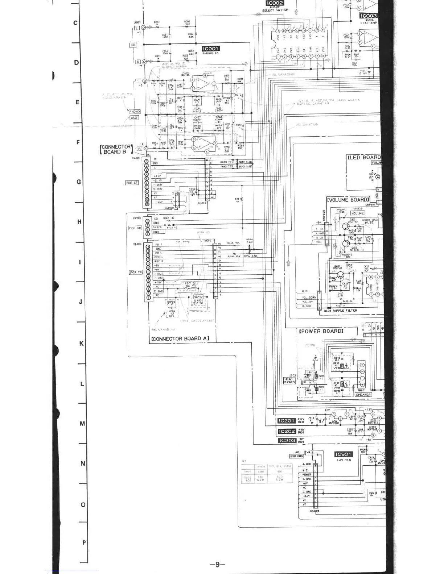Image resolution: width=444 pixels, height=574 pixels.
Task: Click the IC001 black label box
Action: pyautogui.click(x=211, y=49)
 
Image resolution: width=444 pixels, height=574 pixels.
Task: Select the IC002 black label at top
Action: pyautogui.click(x=275, y=3)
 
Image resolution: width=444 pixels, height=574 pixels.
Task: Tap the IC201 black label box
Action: pyautogui.click(x=287, y=421)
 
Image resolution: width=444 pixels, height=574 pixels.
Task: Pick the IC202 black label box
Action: pyautogui.click(x=287, y=431)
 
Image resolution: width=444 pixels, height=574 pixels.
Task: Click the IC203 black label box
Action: pyautogui.click(x=287, y=441)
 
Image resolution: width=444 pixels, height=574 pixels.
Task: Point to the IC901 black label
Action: pyautogui.click(x=343, y=454)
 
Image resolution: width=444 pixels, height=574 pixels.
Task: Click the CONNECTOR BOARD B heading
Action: pyautogui.click(x=116, y=149)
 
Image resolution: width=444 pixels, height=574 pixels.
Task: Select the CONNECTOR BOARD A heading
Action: pyautogui.click(x=180, y=339)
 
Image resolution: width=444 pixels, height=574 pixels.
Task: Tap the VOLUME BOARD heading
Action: pyautogui.click(x=348, y=200)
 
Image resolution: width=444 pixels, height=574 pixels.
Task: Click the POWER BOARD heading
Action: pyautogui.click(x=321, y=331)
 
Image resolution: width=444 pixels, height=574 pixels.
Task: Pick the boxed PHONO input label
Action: pyautogui.click(x=134, y=112)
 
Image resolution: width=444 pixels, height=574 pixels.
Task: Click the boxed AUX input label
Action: pyautogui.click(x=134, y=118)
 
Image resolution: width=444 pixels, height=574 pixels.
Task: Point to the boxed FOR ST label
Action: pyautogui.click(x=132, y=183)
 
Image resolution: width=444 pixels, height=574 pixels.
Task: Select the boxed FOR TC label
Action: pyautogui.click(x=136, y=272)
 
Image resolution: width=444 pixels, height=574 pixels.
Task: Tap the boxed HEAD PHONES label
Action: pyautogui.click(x=289, y=380)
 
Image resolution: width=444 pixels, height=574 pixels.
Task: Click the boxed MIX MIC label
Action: pyautogui.click(x=296, y=456)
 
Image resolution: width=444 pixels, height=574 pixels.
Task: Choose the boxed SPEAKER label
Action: pyautogui.click(x=363, y=395)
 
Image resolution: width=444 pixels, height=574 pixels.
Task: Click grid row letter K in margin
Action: pyautogui.click(x=82, y=344)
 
